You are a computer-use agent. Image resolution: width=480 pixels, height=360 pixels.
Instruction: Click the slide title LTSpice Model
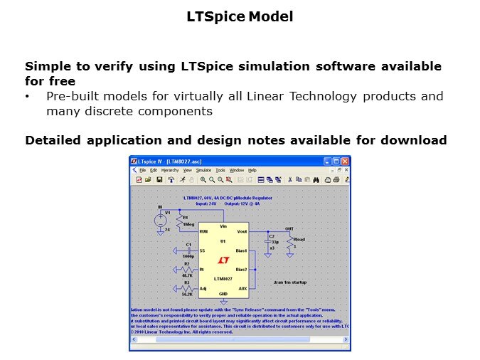240,16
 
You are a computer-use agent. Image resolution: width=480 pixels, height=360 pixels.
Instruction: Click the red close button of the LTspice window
345,162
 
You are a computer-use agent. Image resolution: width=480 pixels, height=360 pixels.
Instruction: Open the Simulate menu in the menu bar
203,171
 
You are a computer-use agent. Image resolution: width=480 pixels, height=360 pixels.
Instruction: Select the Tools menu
220,171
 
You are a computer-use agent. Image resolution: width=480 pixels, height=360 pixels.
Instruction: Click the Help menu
252,171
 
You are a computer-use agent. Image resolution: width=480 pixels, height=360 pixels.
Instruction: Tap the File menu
142,171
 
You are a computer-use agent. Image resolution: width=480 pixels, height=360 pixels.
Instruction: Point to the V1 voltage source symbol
160,220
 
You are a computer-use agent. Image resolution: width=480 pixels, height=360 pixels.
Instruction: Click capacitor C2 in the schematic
268,243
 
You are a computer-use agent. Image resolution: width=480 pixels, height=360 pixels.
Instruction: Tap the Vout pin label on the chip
242,232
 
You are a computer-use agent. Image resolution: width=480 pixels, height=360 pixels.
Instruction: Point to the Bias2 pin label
241,270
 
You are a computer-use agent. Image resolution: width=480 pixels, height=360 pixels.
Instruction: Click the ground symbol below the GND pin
223,302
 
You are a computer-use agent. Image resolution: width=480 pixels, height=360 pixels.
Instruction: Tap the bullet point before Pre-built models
27,96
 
